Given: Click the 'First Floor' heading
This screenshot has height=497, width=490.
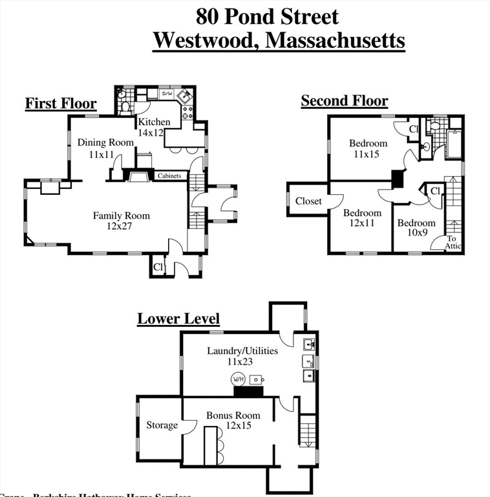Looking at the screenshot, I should point(61,104).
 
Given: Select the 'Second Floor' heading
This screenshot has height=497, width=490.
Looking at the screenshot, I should point(344,100).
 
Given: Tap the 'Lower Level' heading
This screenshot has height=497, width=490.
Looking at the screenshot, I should point(178,319).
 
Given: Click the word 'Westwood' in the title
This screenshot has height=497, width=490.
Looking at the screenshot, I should point(206,40).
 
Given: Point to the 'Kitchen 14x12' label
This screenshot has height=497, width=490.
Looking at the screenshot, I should point(154,127).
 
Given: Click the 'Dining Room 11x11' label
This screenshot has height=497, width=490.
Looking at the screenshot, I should point(105,148).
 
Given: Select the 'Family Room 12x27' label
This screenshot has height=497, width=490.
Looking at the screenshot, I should point(121,221).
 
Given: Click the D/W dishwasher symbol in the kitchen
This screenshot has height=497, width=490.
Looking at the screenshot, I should point(167,94).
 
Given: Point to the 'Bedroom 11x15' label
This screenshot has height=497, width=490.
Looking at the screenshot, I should point(368,149).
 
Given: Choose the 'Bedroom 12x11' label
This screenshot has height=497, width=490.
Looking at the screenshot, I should point(362,217).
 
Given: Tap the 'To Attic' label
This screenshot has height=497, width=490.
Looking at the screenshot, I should point(453,243).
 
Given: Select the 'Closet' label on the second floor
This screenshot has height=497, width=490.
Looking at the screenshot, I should point(308,201).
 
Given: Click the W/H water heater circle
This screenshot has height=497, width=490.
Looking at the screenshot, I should point(239,379).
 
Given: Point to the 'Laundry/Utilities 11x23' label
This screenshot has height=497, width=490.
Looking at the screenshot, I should point(242,356).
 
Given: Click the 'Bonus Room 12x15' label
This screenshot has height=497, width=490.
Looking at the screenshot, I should point(233,420).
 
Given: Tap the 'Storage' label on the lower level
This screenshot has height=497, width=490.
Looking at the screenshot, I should point(162,425).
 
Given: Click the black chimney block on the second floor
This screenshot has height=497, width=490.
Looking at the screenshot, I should point(398,179).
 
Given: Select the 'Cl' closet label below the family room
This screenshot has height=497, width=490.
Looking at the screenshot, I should point(158,267).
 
